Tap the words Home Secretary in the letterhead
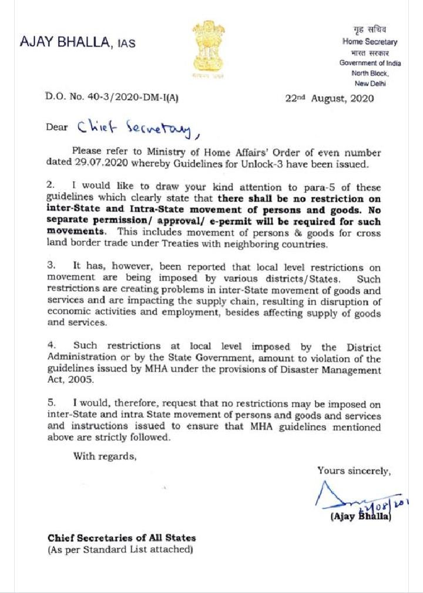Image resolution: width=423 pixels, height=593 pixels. point(370,42)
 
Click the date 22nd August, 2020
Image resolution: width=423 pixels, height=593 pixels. point(329,99)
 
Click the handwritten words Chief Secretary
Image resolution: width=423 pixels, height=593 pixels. point(135,126)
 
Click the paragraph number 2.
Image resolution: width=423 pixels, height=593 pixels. point(51,185)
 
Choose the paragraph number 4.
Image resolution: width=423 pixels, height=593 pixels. point(51,346)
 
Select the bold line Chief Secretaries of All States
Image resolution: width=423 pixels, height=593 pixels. point(122,538)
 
